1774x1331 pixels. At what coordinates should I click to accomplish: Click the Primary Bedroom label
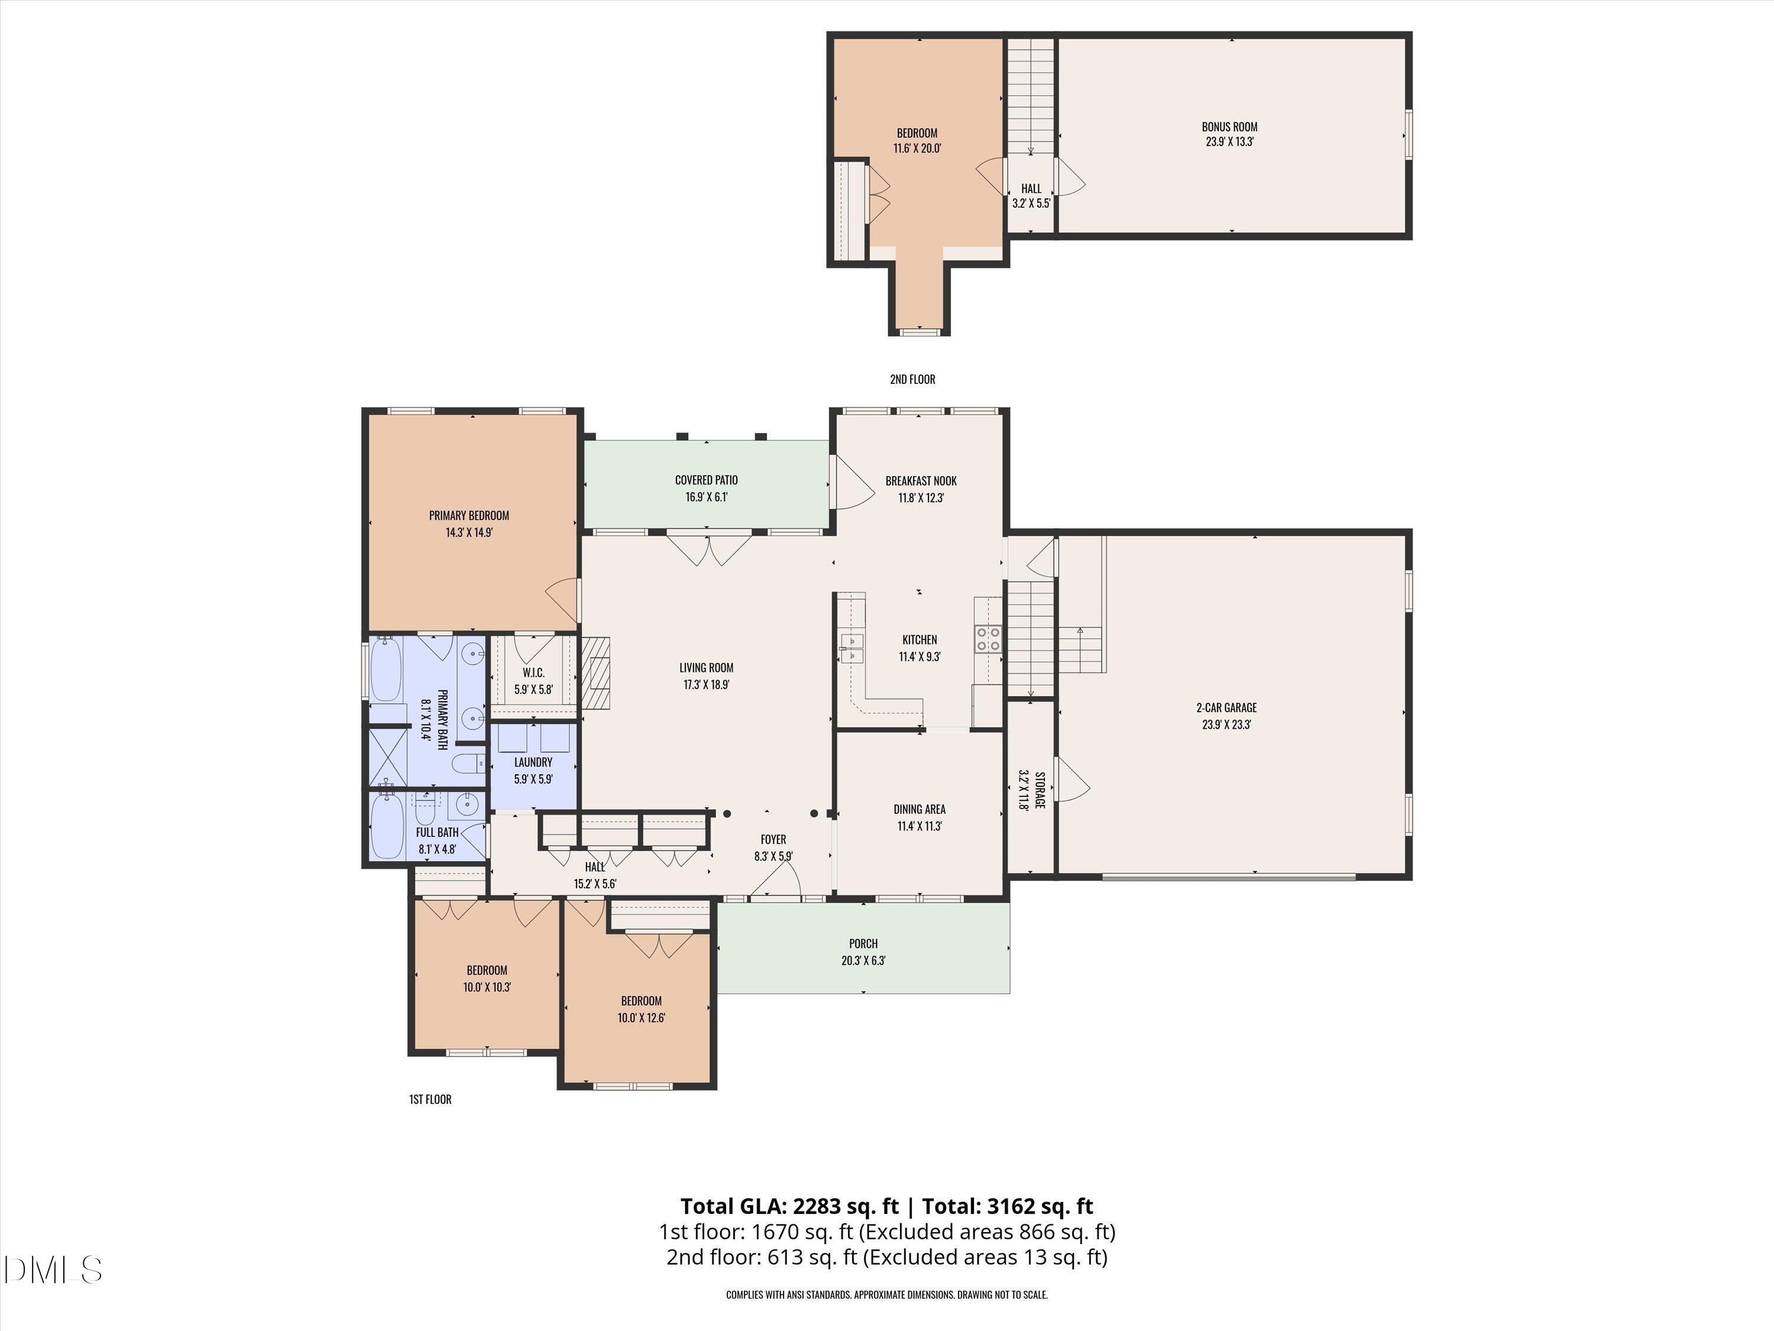click(468, 516)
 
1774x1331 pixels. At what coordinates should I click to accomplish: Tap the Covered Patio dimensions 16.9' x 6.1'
click(705, 497)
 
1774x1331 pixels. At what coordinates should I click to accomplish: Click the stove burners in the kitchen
click(988, 639)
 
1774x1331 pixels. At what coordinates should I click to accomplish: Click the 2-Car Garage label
click(1226, 708)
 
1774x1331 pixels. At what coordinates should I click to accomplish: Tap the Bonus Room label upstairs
click(1229, 127)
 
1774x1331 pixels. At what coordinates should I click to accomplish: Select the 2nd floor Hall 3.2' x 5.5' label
click(1031, 196)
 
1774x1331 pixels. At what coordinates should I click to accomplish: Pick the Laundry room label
click(533, 762)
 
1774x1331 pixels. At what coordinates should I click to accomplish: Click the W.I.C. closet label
click(533, 673)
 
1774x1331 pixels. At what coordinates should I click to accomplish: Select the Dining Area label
click(919, 809)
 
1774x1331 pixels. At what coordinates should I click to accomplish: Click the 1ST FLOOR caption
click(430, 1099)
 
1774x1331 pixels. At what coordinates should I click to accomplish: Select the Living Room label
click(705, 667)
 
